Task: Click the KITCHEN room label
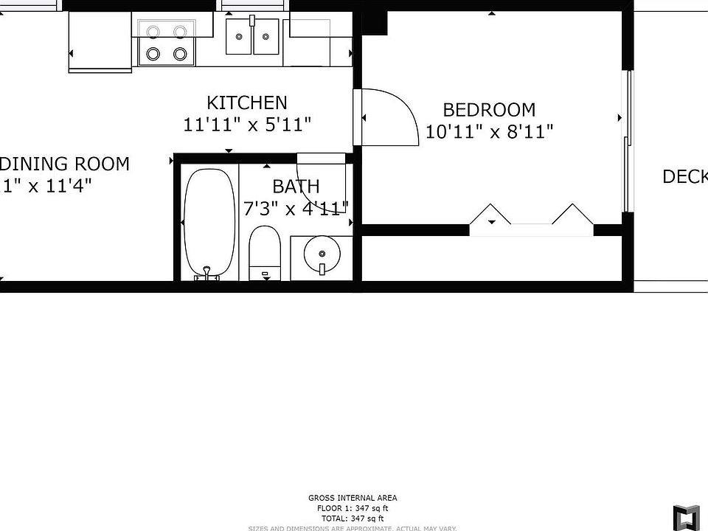coord(246,103)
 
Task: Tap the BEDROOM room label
coord(489,110)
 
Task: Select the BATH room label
coord(296,186)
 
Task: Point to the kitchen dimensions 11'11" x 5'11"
coord(246,125)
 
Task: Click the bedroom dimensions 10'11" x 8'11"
coord(490,132)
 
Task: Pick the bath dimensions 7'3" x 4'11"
coord(296,209)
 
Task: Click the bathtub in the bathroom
coord(209,221)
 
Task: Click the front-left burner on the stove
coord(154,54)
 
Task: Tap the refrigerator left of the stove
coord(100,41)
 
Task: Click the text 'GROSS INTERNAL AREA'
coord(352,499)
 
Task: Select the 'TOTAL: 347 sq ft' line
coord(352,518)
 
